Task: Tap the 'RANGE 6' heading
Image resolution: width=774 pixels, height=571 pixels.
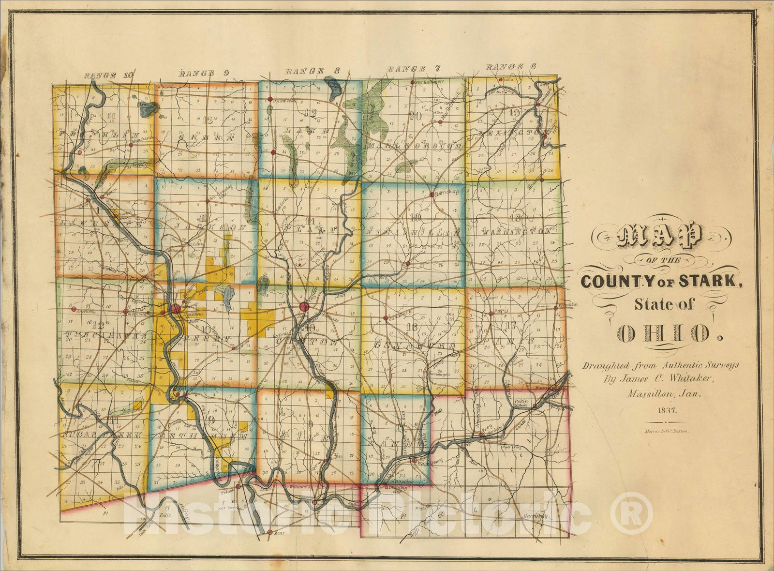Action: (x=506, y=67)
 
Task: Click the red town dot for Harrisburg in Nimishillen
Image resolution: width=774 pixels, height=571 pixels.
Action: (x=431, y=195)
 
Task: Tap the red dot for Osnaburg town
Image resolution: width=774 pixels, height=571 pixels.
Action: (x=386, y=318)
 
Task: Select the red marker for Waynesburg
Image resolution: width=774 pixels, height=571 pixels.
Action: (x=415, y=460)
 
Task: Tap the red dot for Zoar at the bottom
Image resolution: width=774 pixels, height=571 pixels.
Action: (x=269, y=532)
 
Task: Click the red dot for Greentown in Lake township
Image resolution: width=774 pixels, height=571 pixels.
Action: (x=273, y=152)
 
